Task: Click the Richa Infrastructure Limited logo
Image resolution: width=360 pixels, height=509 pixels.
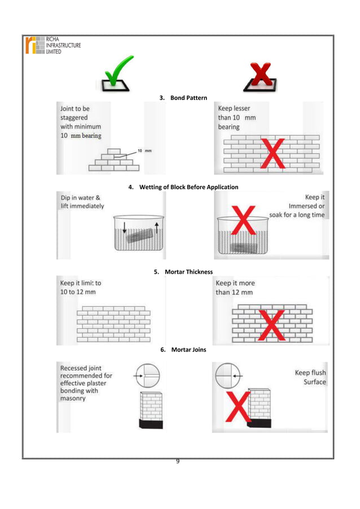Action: pos(52,45)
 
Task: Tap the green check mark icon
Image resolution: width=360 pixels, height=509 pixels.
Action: pos(117,74)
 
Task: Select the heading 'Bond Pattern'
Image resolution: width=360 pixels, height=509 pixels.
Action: pos(185,99)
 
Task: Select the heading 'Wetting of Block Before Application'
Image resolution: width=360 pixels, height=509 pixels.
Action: pos(183,187)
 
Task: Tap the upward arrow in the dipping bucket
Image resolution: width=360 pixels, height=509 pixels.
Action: pos(156,232)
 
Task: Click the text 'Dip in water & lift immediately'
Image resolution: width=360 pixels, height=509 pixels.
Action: pos(82,202)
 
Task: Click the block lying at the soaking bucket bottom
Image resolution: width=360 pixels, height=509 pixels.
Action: pos(248,248)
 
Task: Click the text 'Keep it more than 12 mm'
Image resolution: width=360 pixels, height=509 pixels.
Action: pos(235,288)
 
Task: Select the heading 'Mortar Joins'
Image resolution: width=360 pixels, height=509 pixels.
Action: pos(183,350)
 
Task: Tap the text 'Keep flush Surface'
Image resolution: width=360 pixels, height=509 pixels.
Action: pos(310,378)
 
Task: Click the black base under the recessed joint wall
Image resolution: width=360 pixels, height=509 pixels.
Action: pos(150,423)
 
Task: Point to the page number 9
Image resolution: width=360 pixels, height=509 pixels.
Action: pos(178,462)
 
